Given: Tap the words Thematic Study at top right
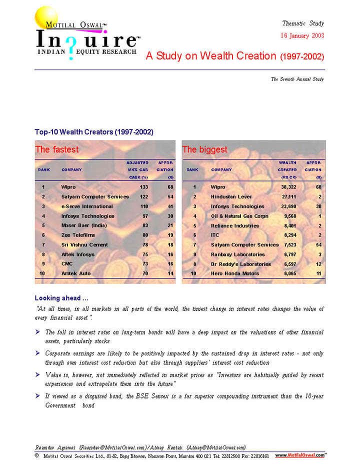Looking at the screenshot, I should [x=303, y=23].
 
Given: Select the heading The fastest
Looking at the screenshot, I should [x=57, y=149].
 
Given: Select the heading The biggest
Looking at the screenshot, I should [x=204, y=149].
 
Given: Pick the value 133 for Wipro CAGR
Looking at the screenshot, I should [x=144, y=187].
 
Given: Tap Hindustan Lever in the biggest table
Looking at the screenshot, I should [x=231, y=197].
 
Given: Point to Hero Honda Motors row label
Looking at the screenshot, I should [x=234, y=273].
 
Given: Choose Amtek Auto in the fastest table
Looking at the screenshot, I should [x=76, y=273].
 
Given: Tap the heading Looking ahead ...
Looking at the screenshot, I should [x=61, y=298].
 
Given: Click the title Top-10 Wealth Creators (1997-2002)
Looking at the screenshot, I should [x=94, y=132].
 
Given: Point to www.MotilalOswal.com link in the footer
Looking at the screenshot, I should [x=300, y=455].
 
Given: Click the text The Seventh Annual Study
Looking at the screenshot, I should [x=297, y=79].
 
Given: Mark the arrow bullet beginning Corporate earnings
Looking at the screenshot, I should [x=38, y=353].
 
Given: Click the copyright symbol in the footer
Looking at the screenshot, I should [x=37, y=455].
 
